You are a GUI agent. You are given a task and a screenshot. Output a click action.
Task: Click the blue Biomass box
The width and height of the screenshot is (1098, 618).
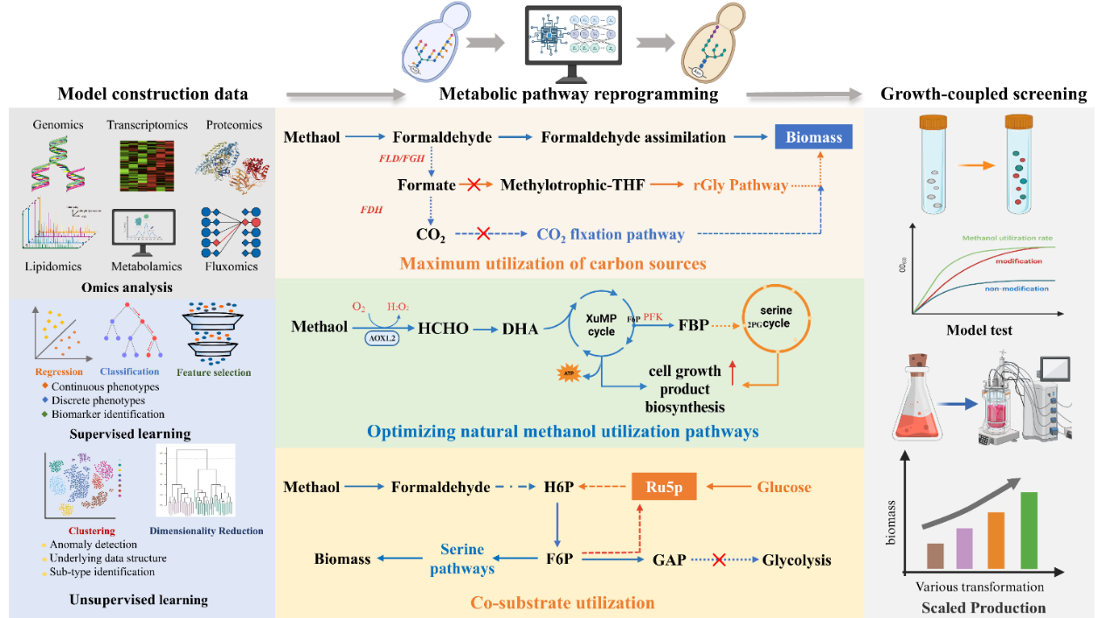click(813, 137)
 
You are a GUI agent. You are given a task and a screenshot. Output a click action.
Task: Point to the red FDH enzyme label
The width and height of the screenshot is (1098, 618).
click(374, 211)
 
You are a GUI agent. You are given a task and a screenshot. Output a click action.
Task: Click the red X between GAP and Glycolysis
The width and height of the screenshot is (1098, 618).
click(719, 559)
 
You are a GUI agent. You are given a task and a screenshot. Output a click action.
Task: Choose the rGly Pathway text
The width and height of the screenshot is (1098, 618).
click(741, 185)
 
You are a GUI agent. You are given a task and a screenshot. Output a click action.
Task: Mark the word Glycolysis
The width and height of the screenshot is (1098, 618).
click(797, 559)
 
